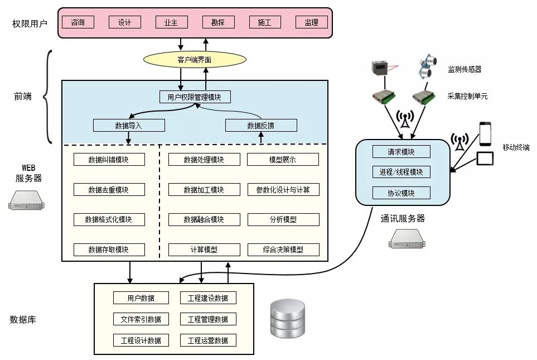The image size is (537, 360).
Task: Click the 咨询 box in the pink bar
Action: [78, 22]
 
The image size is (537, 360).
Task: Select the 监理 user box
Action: [311, 22]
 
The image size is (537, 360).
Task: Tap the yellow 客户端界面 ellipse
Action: [195, 59]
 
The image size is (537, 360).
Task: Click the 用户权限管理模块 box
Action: [195, 97]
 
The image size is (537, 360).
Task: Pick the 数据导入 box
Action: [129, 126]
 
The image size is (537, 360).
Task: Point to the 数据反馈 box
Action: [261, 126]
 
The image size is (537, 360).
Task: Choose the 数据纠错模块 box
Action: [109, 160]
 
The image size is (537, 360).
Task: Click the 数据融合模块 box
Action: [204, 219]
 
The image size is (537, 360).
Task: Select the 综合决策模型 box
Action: [283, 249]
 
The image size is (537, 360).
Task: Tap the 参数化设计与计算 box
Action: [283, 190]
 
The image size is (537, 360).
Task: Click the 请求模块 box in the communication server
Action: [401, 152]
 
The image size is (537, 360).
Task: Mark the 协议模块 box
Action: [401, 193]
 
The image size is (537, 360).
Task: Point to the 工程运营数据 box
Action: [208, 340]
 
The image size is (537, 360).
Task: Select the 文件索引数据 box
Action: [141, 319]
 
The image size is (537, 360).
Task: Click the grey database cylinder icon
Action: [287, 319]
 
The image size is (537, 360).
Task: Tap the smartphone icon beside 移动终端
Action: [485, 133]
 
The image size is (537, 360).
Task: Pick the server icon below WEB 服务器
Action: [26, 199]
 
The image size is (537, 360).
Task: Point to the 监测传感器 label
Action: [465, 70]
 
